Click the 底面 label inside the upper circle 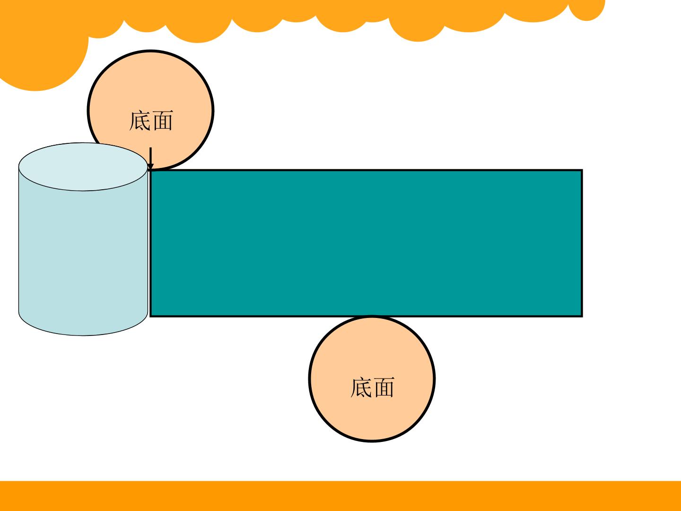tap(151, 121)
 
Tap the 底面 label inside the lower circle tap(372, 387)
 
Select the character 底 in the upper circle tap(140, 121)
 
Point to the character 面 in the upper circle tap(163, 121)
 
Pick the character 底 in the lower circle tap(361, 387)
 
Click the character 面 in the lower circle tap(384, 387)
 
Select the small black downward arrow tap(150, 159)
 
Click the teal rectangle tap(366, 243)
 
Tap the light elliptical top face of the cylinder tap(83, 167)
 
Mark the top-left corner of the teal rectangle tap(150, 170)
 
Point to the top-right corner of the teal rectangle tap(582, 170)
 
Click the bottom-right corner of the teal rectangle tap(582, 317)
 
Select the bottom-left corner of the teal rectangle tap(150, 317)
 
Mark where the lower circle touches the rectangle tap(372, 317)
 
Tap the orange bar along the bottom tap(340, 496)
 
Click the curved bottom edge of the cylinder tap(83, 335)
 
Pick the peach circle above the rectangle tap(151, 110)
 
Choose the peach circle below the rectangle tap(372, 379)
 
